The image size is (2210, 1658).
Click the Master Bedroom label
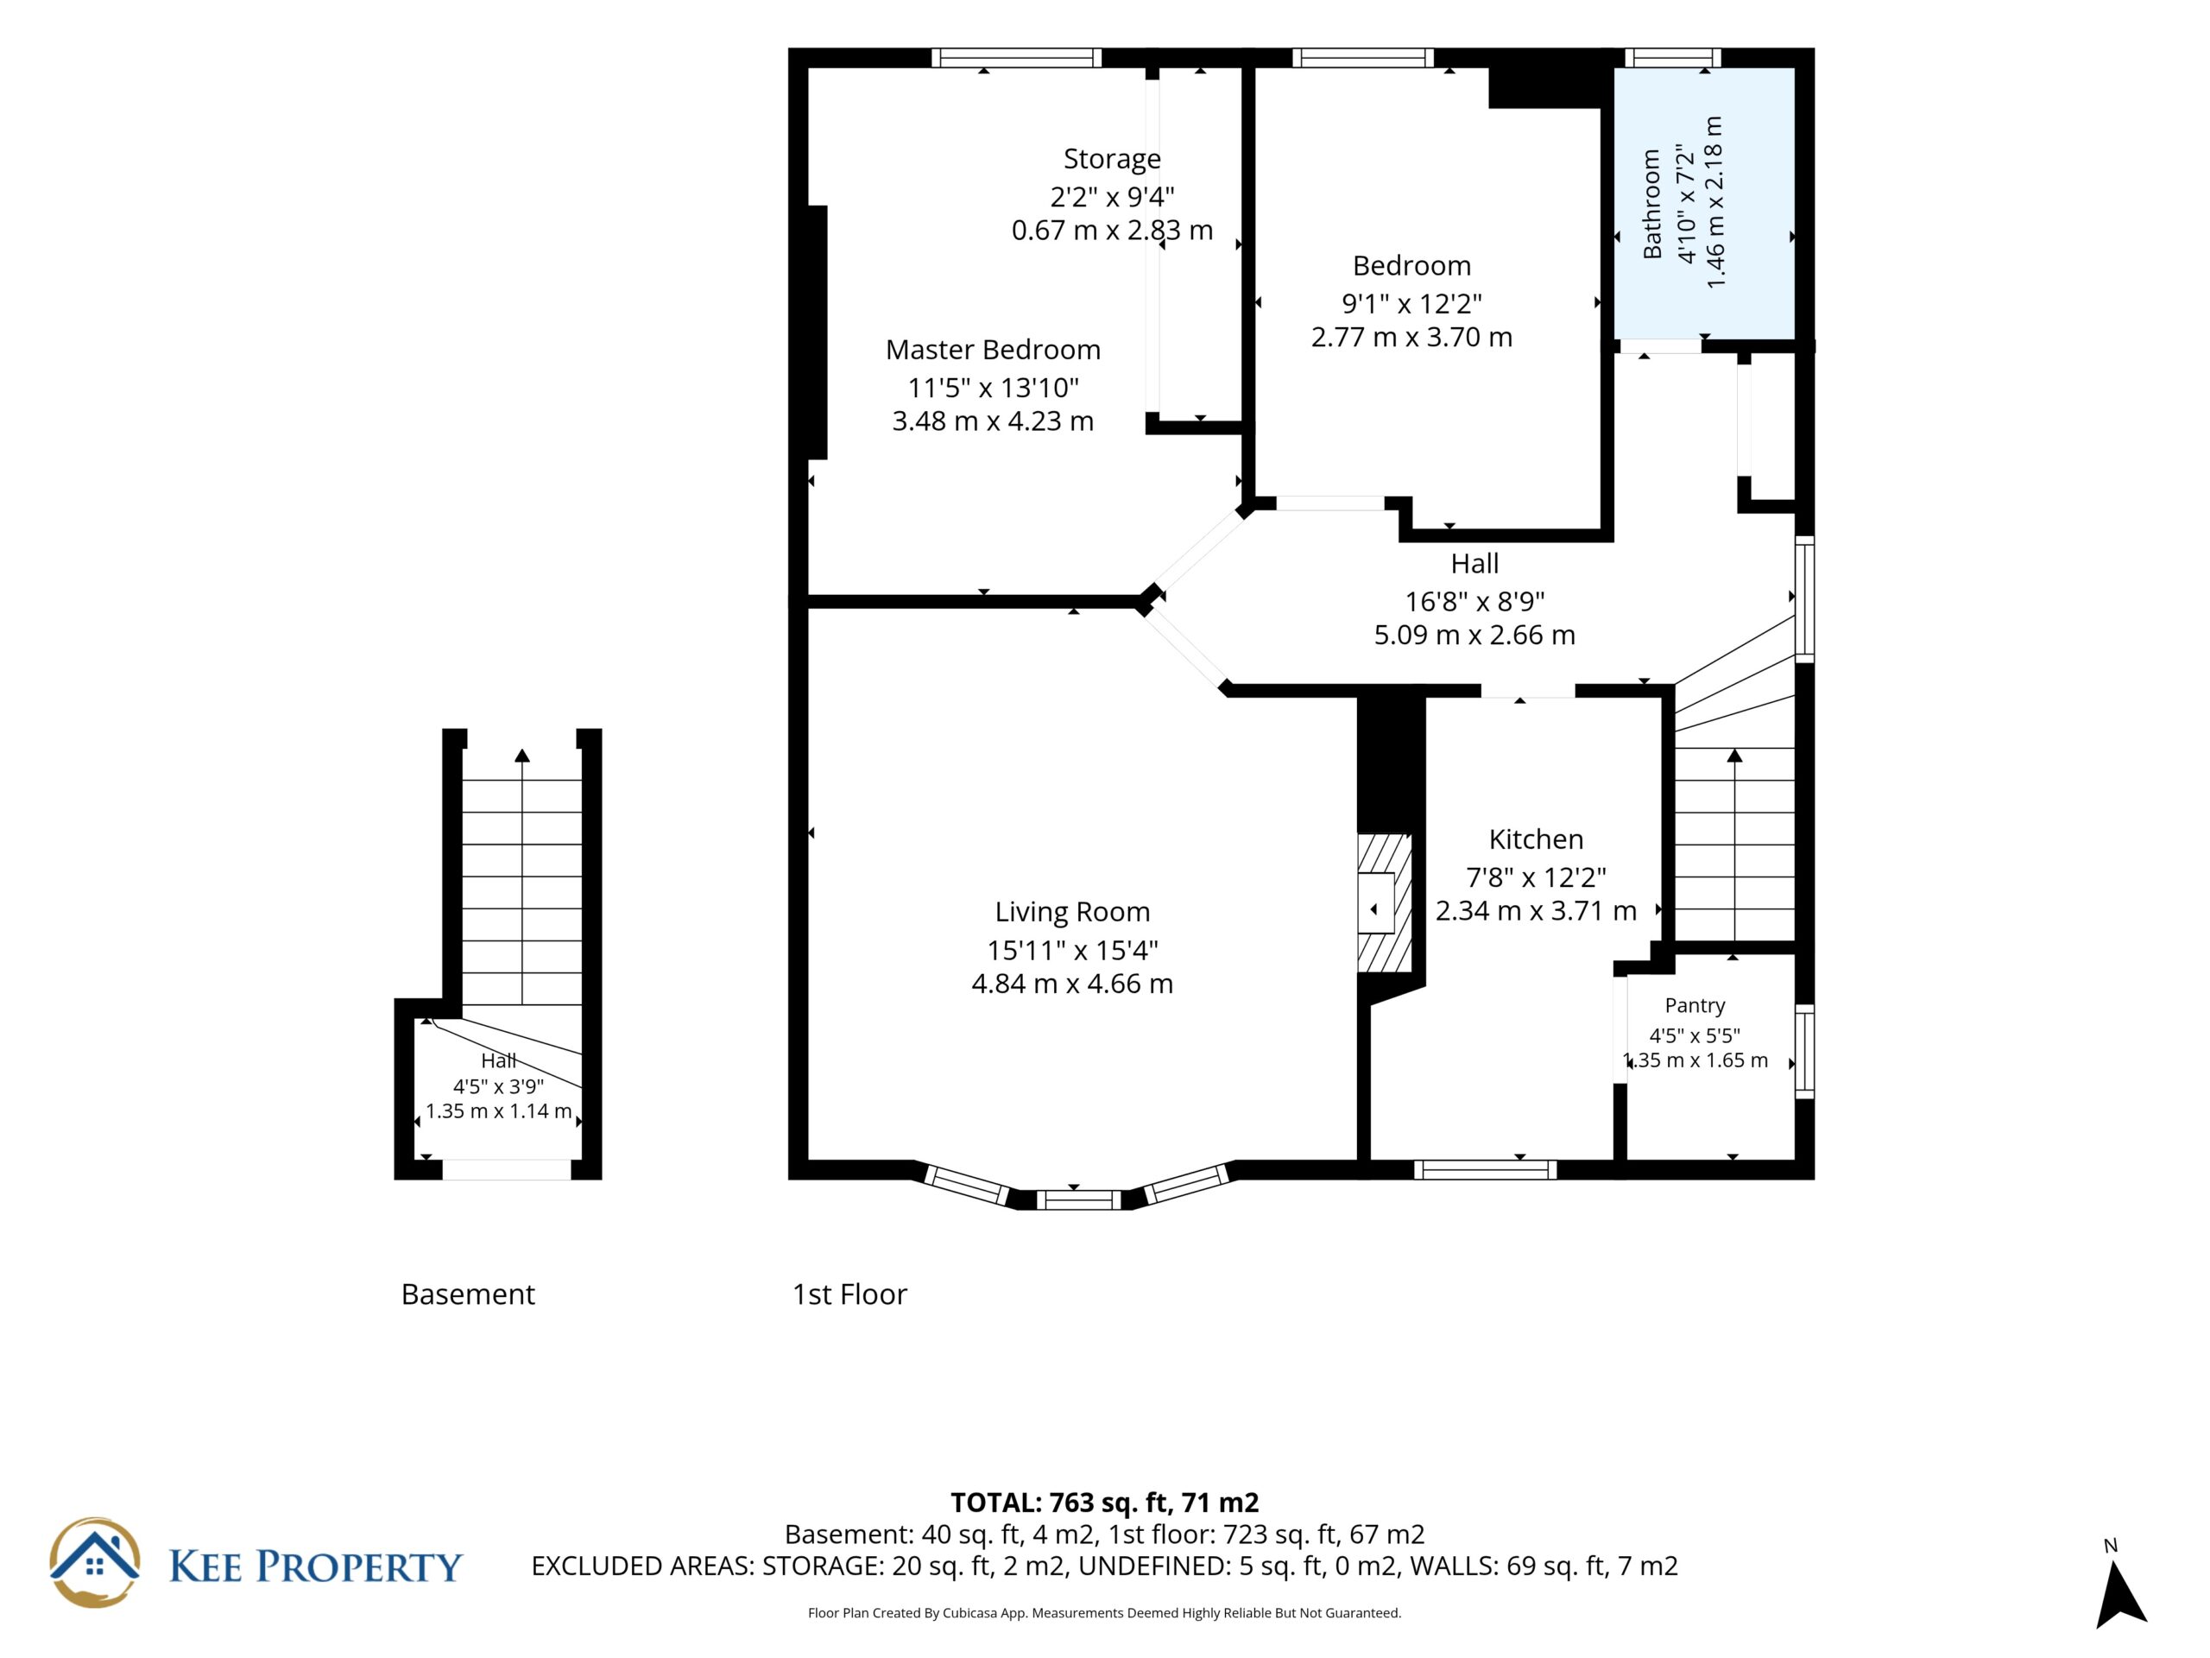coord(992,350)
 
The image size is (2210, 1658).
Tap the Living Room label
coord(1072,913)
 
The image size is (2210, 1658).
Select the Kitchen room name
coord(1536,839)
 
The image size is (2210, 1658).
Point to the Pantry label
coord(1695,1005)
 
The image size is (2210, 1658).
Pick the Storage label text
coord(1112,160)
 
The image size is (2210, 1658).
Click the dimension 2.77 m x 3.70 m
coord(1411,338)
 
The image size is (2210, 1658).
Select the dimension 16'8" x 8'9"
coord(1474,602)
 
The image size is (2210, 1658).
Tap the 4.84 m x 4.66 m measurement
coord(1072,984)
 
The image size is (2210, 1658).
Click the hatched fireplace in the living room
coord(1384,903)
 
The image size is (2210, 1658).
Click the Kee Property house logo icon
coord(95,1562)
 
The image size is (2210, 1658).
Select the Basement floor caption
coord(468,1294)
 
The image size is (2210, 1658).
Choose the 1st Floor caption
coord(849,1294)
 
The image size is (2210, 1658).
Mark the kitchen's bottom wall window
coord(1486,1170)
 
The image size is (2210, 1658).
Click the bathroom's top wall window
coord(1672,58)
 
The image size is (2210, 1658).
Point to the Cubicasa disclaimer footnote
coord(1104,1613)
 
